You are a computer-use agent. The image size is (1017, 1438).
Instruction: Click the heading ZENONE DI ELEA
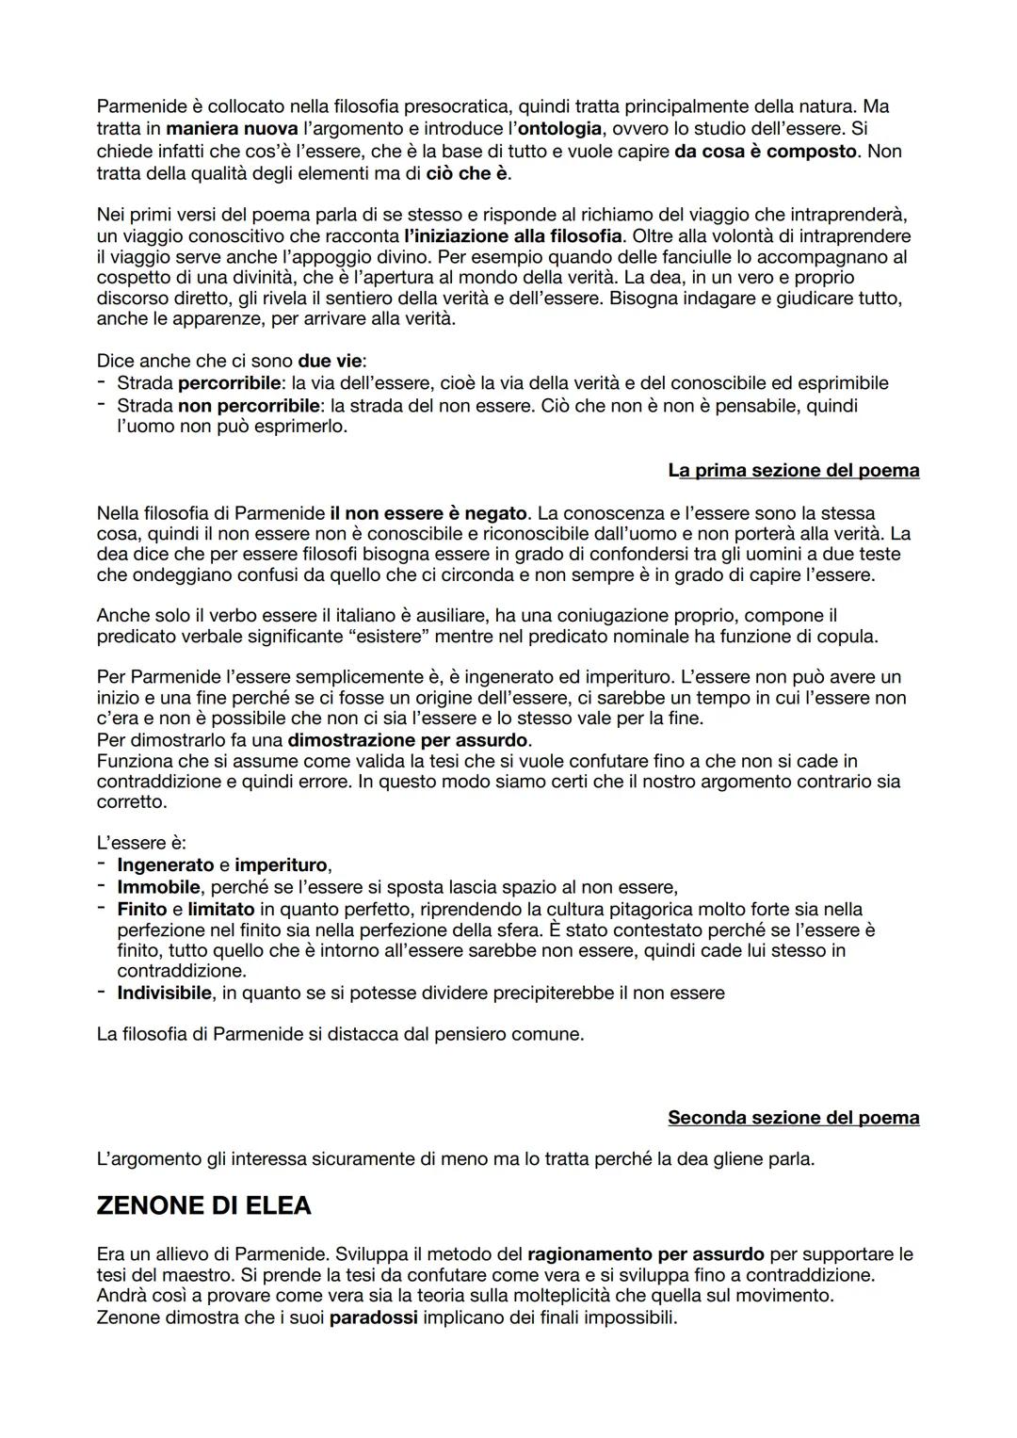coord(203,1206)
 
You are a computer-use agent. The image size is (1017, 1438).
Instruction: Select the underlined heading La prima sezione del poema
coord(793,470)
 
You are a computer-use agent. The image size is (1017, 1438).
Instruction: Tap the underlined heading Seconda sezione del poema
coord(793,1118)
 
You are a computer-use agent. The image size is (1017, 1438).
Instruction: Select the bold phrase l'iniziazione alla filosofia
coord(512,235)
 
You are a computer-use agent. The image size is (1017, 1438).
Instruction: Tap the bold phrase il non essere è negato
coord(428,513)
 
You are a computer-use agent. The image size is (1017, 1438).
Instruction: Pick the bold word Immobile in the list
coord(158,887)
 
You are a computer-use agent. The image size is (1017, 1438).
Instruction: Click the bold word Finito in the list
coord(142,909)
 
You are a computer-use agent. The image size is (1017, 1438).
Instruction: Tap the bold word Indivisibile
coord(165,993)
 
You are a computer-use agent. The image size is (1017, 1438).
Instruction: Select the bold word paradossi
coord(373,1317)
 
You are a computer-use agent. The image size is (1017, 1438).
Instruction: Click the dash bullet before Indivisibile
coord(101,993)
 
